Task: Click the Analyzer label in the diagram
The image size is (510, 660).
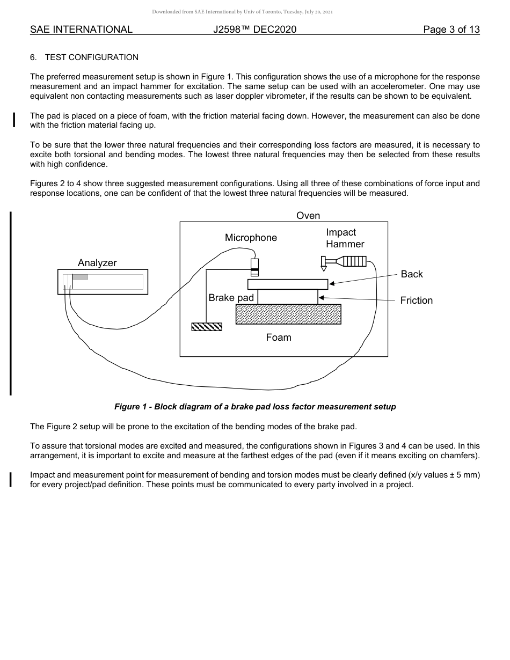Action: pyautogui.click(x=97, y=263)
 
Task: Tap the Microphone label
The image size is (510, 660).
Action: pyautogui.click(x=251, y=238)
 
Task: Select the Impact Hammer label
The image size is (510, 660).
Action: pyautogui.click(x=345, y=238)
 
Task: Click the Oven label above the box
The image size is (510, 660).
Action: pyautogui.click(x=308, y=216)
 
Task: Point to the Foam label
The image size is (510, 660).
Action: pyautogui.click(x=279, y=338)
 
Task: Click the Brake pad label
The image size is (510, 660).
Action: pyautogui.click(x=231, y=298)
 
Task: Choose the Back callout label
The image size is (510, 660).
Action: pyautogui.click(x=412, y=274)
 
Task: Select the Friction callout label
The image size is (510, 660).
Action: pyautogui.click(x=416, y=300)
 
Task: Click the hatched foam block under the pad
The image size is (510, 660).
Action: pyautogui.click(x=288, y=314)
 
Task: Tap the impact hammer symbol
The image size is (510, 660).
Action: pyautogui.click(x=344, y=262)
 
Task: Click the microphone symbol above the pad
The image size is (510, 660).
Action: pyautogui.click(x=254, y=267)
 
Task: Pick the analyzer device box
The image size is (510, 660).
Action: pyautogui.click(x=103, y=282)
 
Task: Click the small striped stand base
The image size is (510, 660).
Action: pyautogui.click(x=207, y=327)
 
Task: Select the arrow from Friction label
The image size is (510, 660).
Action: pyautogui.click(x=356, y=298)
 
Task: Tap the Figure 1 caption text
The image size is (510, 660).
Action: pyautogui.click(x=255, y=407)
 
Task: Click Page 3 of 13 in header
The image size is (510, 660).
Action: pyautogui.click(x=451, y=30)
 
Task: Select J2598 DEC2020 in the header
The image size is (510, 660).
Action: pyautogui.click(x=254, y=30)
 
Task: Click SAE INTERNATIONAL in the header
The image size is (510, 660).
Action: pyautogui.click(x=81, y=30)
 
